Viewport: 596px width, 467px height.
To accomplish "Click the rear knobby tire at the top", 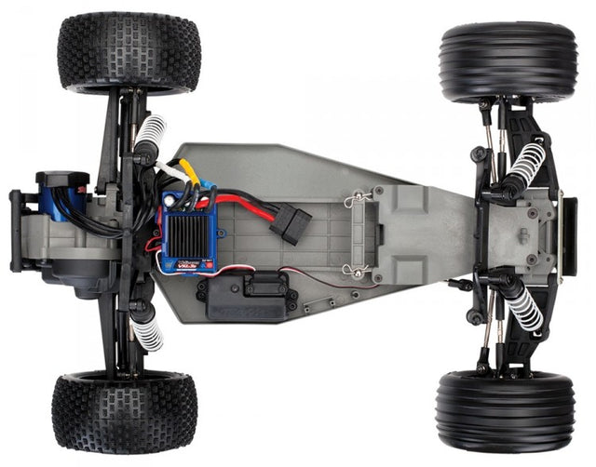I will (x=129, y=52).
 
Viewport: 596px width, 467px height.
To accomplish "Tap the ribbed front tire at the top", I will (x=508, y=62).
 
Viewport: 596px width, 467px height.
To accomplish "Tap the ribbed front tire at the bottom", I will (x=505, y=410).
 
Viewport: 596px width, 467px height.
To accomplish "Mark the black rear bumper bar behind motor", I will (x=16, y=232).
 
